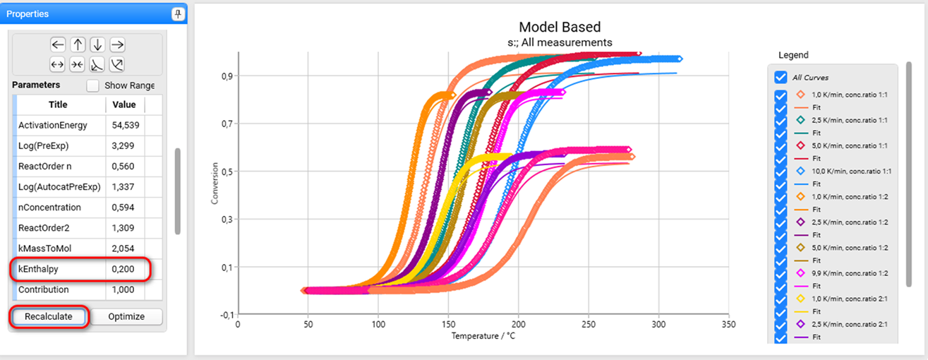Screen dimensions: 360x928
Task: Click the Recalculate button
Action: point(49,316)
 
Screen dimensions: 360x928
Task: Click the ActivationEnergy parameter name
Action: point(53,125)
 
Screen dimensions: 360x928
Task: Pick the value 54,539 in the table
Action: point(125,125)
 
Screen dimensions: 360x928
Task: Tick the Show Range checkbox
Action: point(92,85)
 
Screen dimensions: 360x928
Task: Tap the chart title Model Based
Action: point(560,28)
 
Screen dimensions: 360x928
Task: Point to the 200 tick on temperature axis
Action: point(519,324)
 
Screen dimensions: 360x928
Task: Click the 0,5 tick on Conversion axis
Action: point(227,172)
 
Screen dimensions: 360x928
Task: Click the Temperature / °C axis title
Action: point(483,335)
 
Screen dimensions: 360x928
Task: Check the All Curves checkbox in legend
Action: point(781,77)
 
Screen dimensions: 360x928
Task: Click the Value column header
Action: point(124,104)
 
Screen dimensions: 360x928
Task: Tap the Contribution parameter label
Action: point(44,289)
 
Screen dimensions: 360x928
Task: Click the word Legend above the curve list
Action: point(793,55)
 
